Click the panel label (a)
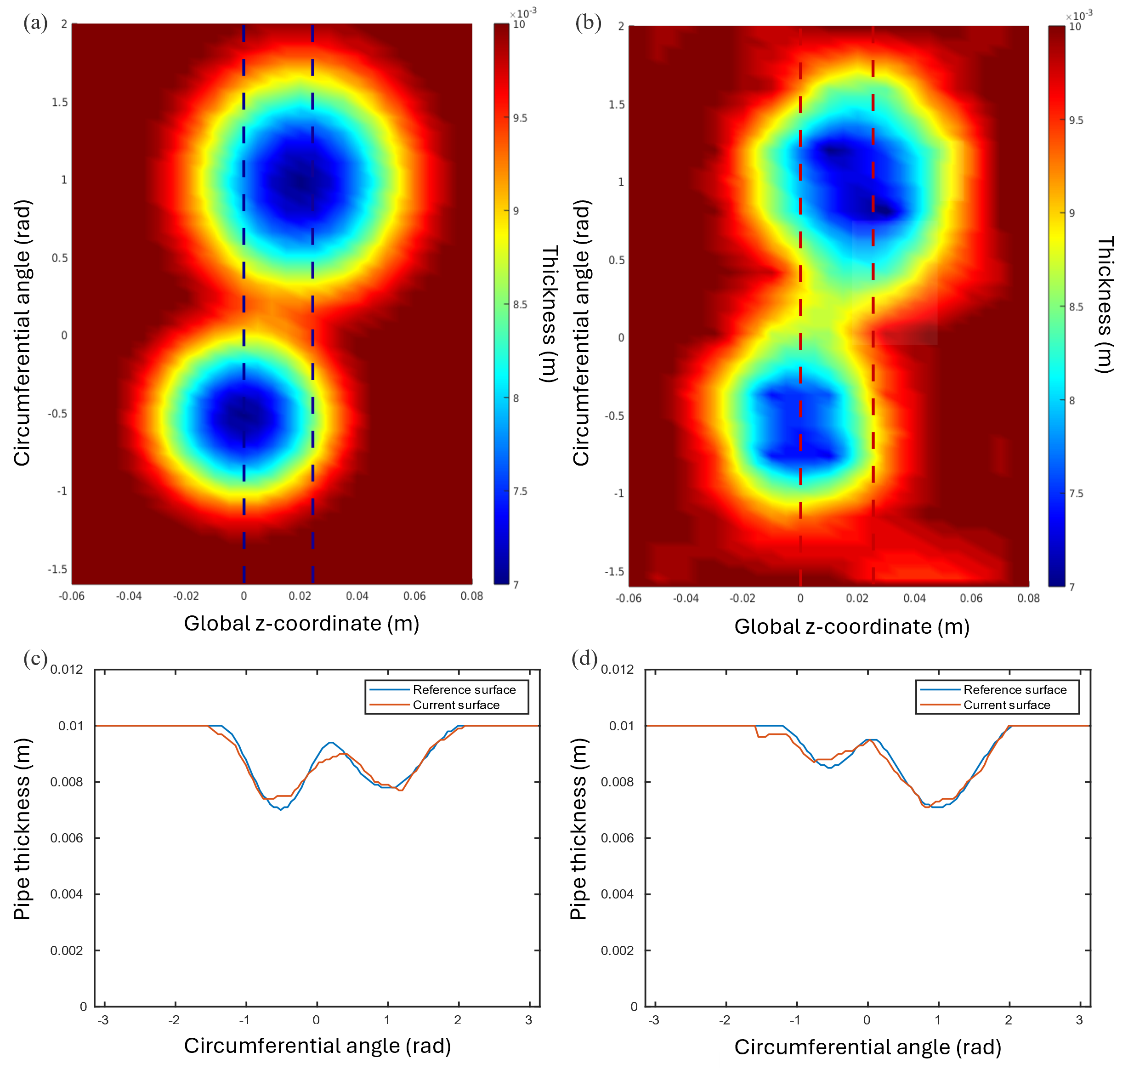point(35,23)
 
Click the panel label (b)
point(588,23)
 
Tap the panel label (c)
point(35,659)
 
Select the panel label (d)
point(584,659)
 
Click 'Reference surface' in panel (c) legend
point(464,690)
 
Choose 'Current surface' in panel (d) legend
point(1007,705)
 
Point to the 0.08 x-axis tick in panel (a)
point(471,596)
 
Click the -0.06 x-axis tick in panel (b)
point(629,598)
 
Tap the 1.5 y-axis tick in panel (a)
point(60,102)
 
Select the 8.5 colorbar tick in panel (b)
point(1076,307)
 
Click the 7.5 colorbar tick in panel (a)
point(520,491)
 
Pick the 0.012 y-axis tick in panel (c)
point(67,669)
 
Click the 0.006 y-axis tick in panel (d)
point(617,838)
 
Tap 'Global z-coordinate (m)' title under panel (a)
point(301,624)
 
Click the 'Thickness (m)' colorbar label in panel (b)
point(1105,304)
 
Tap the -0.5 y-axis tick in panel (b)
point(614,415)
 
